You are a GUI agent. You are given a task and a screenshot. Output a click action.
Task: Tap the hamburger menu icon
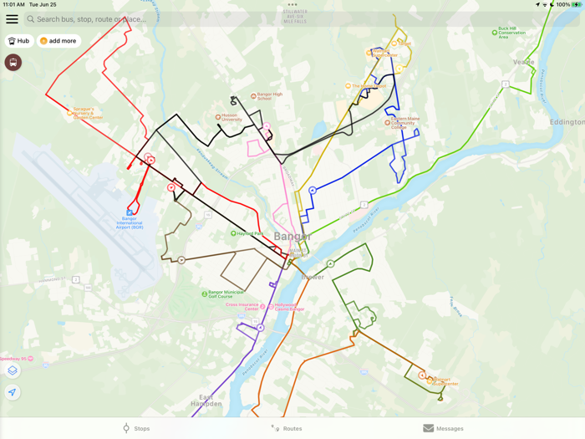click(x=12, y=19)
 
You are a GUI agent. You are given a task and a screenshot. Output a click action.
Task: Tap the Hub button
click(x=18, y=41)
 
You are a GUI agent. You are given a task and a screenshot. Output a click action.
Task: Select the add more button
click(x=58, y=41)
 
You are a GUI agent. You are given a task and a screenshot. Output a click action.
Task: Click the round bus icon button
click(x=13, y=63)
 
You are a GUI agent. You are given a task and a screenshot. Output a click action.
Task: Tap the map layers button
click(x=13, y=370)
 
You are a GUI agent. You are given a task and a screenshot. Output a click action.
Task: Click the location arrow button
click(x=13, y=392)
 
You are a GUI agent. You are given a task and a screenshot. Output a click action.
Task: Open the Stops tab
click(x=136, y=428)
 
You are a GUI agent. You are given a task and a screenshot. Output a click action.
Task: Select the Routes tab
click(x=287, y=428)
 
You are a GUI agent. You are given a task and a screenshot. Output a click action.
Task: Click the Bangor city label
click(x=292, y=237)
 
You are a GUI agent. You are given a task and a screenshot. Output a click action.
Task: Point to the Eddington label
click(x=567, y=122)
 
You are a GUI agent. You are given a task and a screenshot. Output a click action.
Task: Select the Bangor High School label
click(x=269, y=96)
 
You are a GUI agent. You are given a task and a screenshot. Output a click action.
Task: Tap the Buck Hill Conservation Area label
click(x=511, y=33)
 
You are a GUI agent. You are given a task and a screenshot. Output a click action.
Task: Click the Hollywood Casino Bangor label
click(x=289, y=307)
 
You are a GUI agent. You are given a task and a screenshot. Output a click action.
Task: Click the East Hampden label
click(x=211, y=401)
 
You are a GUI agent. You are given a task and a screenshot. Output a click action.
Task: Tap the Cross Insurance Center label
click(x=242, y=307)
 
